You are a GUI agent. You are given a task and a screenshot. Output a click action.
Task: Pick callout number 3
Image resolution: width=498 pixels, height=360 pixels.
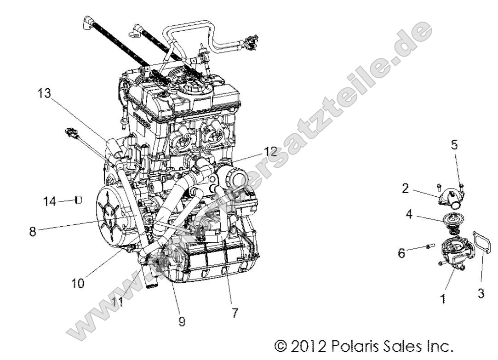click(481, 294)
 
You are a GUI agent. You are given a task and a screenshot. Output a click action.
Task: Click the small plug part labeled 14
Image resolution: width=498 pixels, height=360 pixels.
click(78, 200)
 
